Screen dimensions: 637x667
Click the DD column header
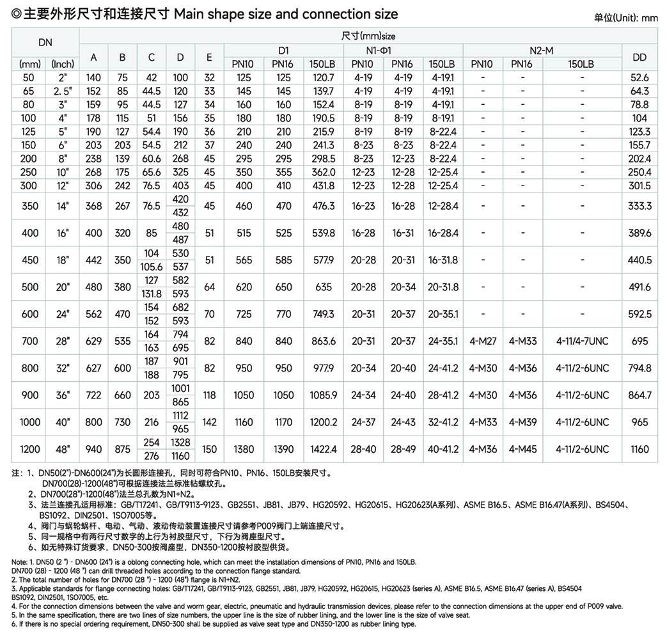[640, 57]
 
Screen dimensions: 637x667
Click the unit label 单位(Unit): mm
[625, 18]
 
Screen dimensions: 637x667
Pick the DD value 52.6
[640, 78]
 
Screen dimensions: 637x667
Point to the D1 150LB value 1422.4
[322, 449]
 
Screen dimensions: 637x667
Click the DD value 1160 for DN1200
[640, 449]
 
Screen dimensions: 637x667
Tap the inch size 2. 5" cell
[63, 91]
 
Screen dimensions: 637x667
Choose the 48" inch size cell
[63, 449]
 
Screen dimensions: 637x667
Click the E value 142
[209, 422]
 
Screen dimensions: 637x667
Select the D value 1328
[180, 443]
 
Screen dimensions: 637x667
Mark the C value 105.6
[151, 266]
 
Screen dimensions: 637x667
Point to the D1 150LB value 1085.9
[322, 395]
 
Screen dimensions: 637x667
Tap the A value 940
[93, 449]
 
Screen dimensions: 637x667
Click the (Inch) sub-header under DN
[63, 64]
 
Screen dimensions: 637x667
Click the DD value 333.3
[640, 206]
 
